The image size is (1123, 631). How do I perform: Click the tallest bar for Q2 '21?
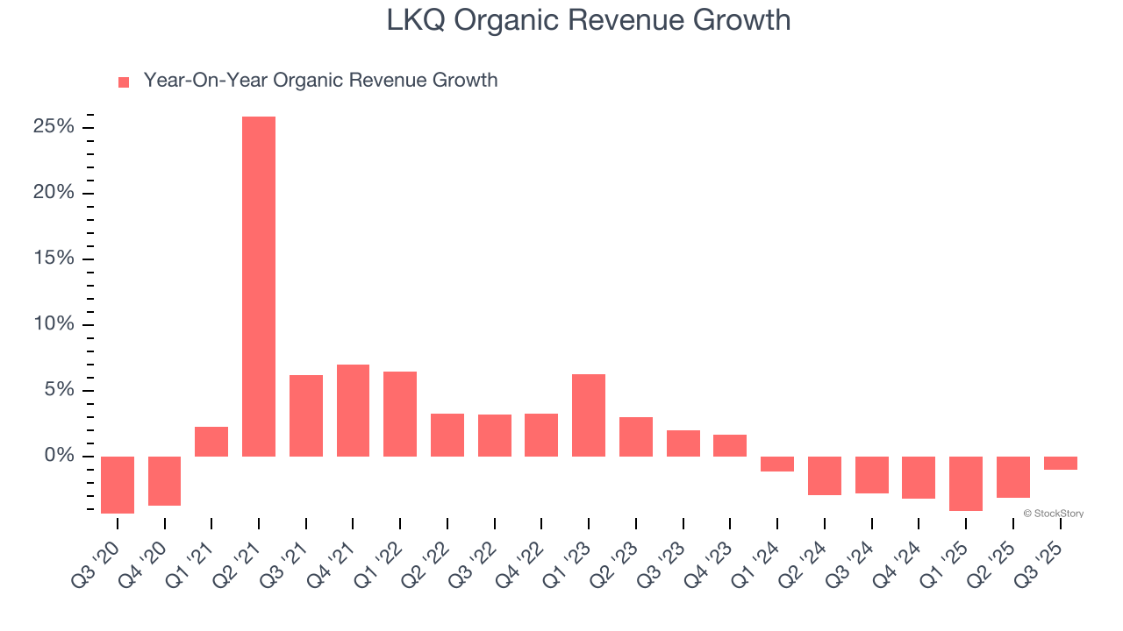(259, 287)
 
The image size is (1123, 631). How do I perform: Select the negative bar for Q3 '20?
(118, 485)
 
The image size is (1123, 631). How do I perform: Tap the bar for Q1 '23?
(589, 415)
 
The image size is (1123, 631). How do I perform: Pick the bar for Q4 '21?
(353, 410)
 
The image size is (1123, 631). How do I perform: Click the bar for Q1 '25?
(966, 484)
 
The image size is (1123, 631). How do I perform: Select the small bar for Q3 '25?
(1060, 463)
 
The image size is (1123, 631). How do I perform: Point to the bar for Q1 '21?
(211, 442)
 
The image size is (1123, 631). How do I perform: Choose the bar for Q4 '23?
(730, 445)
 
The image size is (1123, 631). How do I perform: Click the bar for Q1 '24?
(777, 464)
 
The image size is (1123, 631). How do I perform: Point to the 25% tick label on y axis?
(54, 127)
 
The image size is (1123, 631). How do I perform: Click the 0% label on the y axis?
(59, 456)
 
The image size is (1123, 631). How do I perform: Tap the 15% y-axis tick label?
(54, 259)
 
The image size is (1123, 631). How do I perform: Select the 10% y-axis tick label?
(54, 324)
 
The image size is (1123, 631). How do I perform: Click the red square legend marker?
(124, 82)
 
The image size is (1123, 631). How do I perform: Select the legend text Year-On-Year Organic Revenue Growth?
(320, 81)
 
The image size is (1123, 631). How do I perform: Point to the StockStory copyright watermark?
(1053, 514)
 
